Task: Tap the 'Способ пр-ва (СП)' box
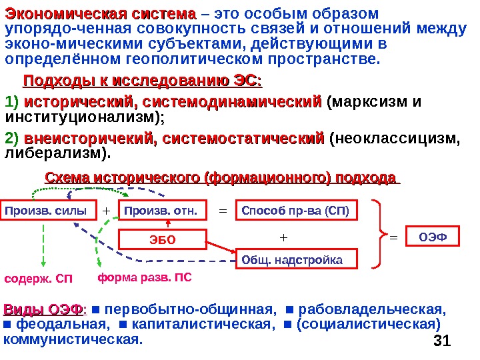(295, 211)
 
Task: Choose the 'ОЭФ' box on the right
(435, 236)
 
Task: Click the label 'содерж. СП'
(38, 277)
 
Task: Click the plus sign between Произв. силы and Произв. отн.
(105, 211)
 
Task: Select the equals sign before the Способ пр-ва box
(223, 211)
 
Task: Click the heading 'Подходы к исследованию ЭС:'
(143, 81)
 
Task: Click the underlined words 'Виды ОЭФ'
(44, 310)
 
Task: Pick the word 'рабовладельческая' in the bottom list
(371, 310)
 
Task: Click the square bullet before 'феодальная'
(8, 325)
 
